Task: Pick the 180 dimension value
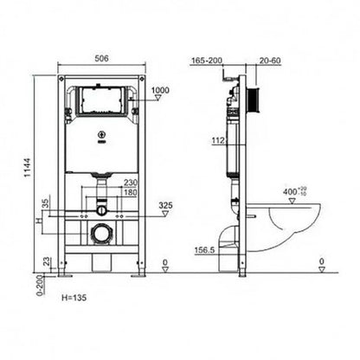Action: pyautogui.click(x=132, y=192)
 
